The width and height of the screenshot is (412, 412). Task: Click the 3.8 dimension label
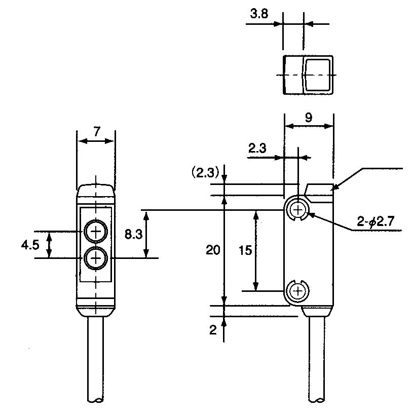[x=259, y=13]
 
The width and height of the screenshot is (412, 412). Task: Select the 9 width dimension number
[x=309, y=118]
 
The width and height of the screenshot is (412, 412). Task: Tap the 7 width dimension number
[x=97, y=131]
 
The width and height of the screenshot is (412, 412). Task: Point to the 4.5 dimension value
[x=30, y=245]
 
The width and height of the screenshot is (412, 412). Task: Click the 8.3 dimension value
[x=133, y=234]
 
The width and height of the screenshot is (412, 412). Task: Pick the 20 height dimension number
[x=213, y=250]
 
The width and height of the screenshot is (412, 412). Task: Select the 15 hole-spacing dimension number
[x=245, y=250]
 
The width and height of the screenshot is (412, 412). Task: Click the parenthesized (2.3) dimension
[x=205, y=173]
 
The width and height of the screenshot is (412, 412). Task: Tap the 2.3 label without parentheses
[x=257, y=148]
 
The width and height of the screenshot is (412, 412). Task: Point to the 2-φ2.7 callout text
[x=376, y=221]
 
